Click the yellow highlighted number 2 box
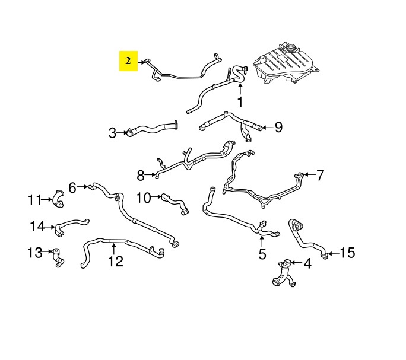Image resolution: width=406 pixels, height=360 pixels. coord(128,61)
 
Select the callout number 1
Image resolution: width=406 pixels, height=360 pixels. coord(240,101)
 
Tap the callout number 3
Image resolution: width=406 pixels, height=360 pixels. coord(112,133)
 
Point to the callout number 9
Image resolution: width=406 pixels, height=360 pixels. coord(278,127)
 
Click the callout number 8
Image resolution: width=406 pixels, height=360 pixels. coord(141,176)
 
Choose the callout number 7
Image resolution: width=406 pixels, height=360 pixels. coord(321,175)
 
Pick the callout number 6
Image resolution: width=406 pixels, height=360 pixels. coord(72,187)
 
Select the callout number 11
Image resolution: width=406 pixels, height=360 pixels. coord(35,199)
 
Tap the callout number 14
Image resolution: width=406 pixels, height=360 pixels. coord(38,226)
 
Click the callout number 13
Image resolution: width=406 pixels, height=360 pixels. coord(35,252)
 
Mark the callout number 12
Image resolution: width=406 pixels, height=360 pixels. coord(116,261)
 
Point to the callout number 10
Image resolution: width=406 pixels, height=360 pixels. coord(143,197)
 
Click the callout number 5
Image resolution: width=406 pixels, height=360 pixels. coord(262,254)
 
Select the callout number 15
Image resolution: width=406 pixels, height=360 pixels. coord(347,252)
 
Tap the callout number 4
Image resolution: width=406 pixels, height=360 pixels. coord(307,263)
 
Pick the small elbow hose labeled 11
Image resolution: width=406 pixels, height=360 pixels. coord(58,199)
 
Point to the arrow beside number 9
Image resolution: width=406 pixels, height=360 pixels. coord(267,128)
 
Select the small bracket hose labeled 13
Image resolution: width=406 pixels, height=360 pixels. coord(58,258)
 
